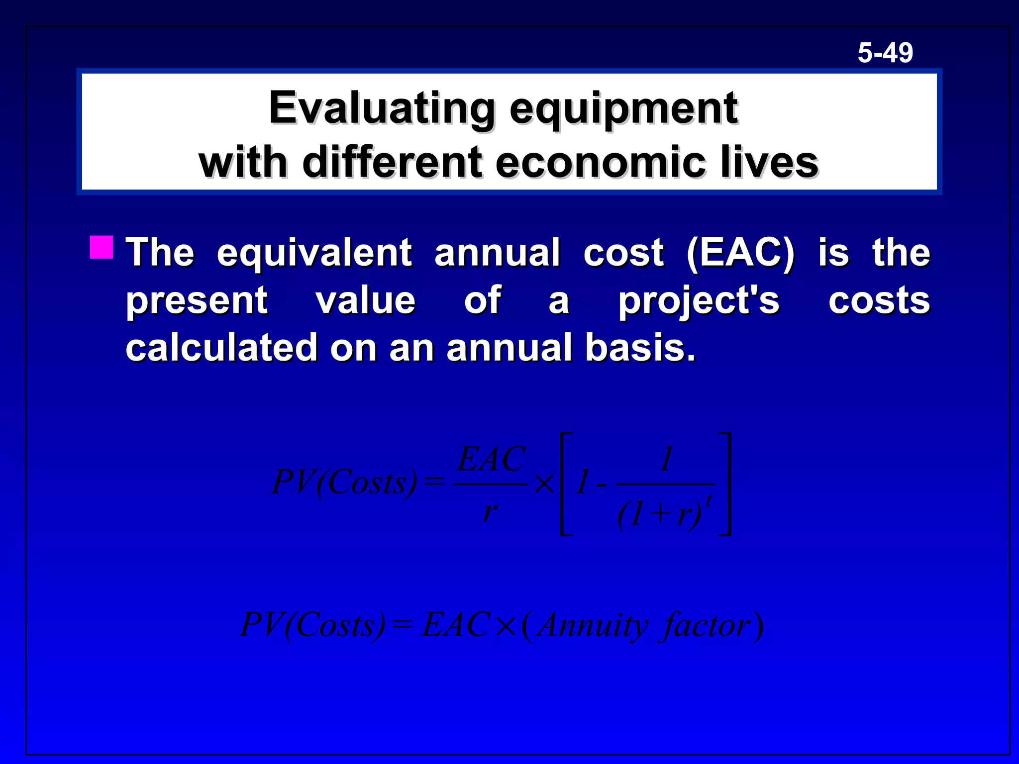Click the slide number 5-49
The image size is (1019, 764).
tap(885, 53)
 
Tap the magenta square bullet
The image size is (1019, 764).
tap(102, 247)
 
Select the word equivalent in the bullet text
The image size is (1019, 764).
tap(314, 253)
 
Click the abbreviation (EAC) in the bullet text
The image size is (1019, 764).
tap(740, 253)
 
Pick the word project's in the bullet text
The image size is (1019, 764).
tap(699, 301)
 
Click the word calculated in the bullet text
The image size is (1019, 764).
tap(221, 347)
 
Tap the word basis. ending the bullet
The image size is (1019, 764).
tap(640, 347)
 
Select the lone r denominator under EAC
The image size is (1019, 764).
tap(490, 511)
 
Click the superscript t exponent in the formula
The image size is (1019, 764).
tap(709, 500)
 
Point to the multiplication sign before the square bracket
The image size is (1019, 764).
tap(544, 483)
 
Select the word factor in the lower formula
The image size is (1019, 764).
tap(705, 626)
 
